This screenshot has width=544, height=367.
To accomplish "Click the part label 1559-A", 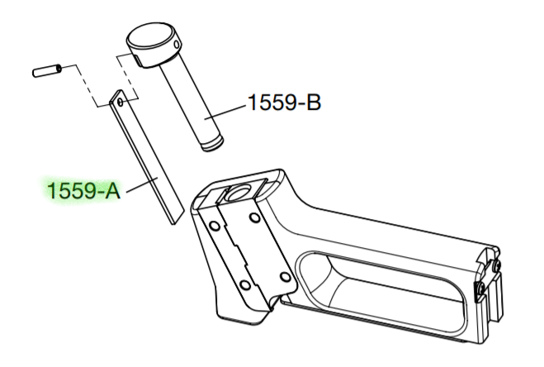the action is click(83, 191).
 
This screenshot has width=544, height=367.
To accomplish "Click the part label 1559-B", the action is click(284, 102).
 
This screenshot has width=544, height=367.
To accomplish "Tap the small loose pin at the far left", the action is click(48, 70).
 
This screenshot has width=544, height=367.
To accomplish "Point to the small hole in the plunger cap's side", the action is click(177, 45).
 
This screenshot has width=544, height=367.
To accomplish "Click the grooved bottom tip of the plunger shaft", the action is click(213, 144).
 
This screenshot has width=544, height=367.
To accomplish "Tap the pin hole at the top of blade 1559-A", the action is click(121, 102).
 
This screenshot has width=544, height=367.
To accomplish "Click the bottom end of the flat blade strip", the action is click(177, 216).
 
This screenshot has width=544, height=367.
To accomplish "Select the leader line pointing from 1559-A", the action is click(142, 184).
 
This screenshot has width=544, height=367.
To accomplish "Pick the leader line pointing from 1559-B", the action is click(225, 112).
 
